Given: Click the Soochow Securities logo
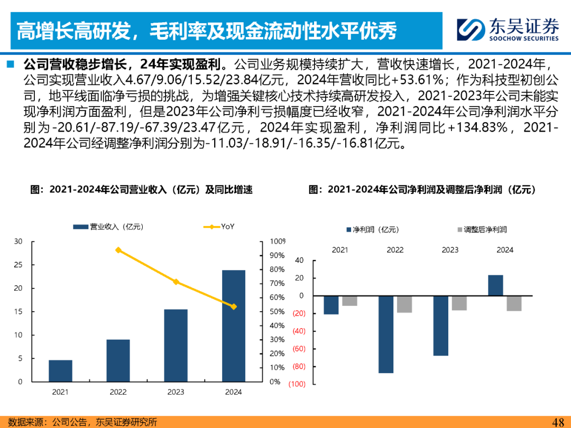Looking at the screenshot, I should pyautogui.click(x=508, y=30).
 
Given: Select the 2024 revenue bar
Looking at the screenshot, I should pyautogui.click(x=234, y=325).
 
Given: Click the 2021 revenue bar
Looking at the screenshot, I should pyautogui.click(x=60, y=370).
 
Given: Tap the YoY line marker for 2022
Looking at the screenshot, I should pyautogui.click(x=118, y=250).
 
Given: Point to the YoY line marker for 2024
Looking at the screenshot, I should pyautogui.click(x=234, y=306).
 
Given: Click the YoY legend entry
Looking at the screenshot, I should pyautogui.click(x=219, y=227).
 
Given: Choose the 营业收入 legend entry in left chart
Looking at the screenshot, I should pyautogui.click(x=108, y=227).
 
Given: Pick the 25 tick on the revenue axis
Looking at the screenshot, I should pyautogui.click(x=19, y=265).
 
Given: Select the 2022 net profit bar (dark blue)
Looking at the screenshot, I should pyautogui.click(x=386, y=334).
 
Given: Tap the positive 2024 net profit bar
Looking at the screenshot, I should pyautogui.click(x=495, y=285).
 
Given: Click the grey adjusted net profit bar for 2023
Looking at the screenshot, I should pyautogui.click(x=459, y=303).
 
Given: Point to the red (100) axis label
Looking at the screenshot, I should pyautogui.click(x=297, y=384).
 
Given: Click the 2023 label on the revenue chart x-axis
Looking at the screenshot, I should pyautogui.click(x=176, y=392).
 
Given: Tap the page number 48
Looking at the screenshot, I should pyautogui.click(x=558, y=422).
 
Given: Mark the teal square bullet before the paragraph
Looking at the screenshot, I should pyautogui.click(x=10, y=65).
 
